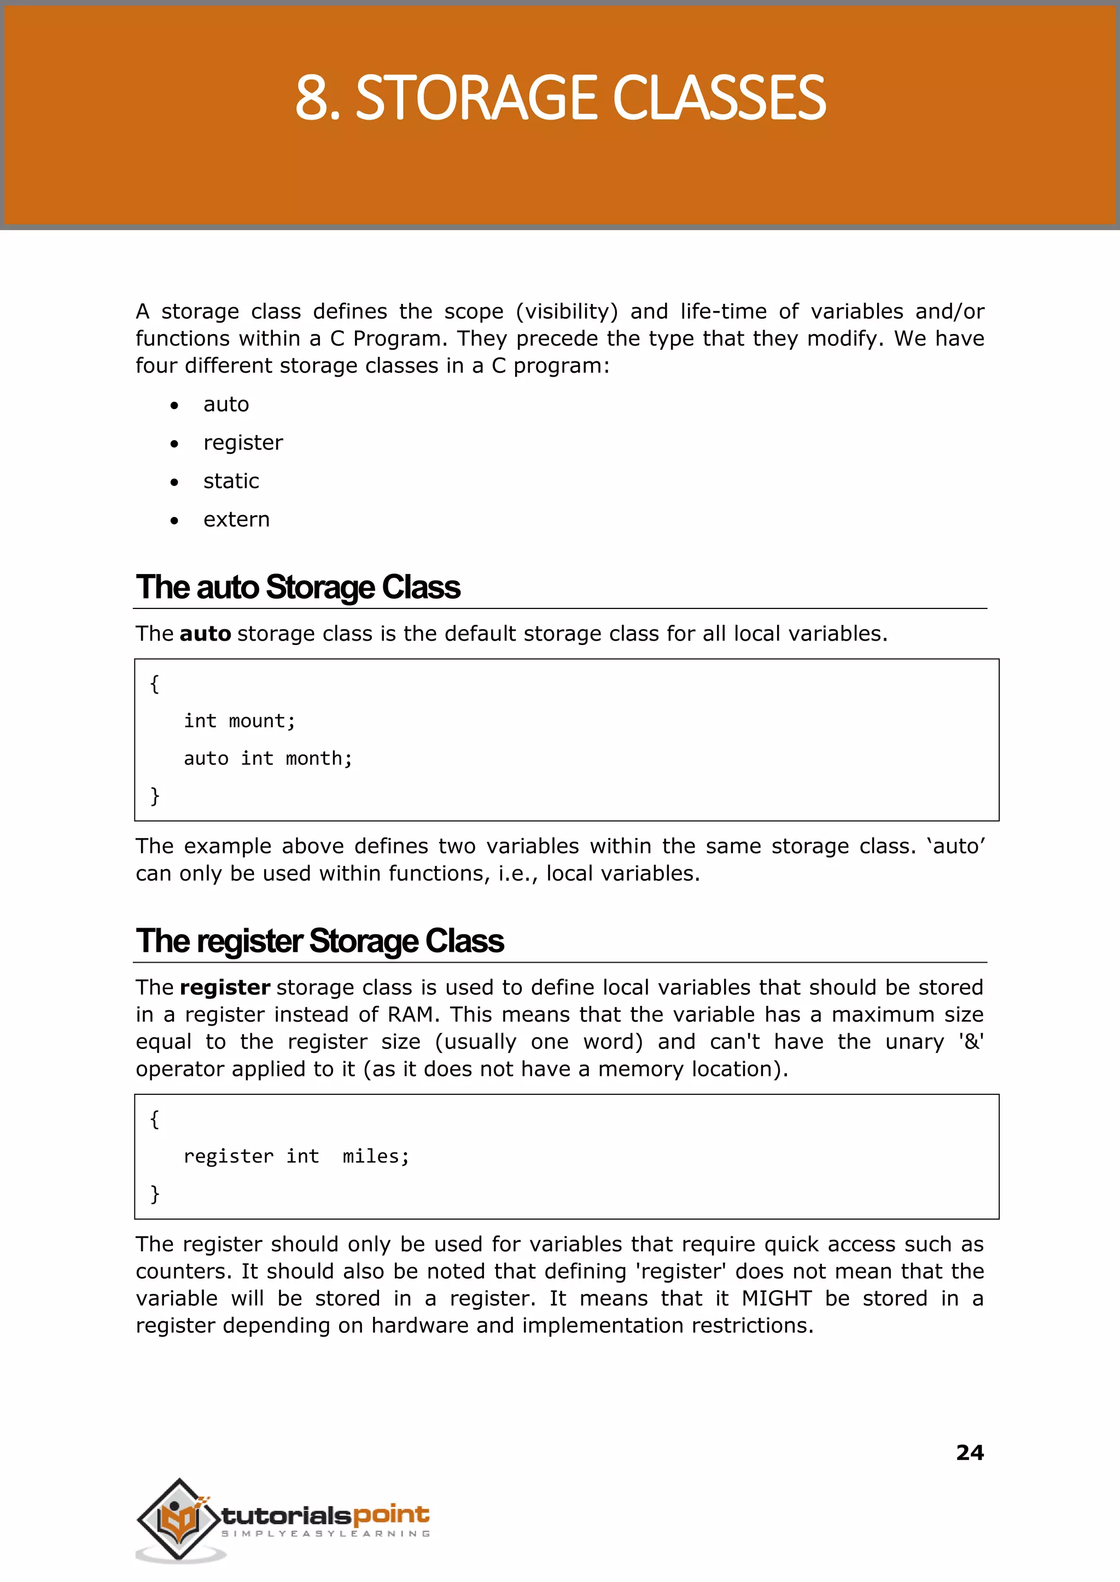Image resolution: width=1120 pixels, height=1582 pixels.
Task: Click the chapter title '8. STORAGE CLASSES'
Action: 560,98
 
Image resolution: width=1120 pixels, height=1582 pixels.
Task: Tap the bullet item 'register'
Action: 243,443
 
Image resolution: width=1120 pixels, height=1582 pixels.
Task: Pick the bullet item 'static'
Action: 231,481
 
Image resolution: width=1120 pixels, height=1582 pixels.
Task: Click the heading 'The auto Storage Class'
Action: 298,587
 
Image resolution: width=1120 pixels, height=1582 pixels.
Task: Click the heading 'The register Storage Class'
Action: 319,941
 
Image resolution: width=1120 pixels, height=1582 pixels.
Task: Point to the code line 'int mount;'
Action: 240,721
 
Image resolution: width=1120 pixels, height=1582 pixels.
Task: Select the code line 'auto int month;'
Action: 267,758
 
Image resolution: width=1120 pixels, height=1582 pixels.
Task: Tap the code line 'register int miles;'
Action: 296,1156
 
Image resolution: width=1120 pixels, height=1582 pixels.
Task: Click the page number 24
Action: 970,1452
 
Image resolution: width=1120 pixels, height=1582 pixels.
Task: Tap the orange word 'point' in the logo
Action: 391,1514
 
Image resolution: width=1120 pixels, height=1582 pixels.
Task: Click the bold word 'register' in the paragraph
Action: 225,988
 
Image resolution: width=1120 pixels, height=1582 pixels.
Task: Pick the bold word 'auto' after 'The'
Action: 205,634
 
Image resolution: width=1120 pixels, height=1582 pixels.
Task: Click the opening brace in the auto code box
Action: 154,684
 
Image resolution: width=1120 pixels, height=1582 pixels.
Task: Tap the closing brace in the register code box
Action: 154,1193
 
